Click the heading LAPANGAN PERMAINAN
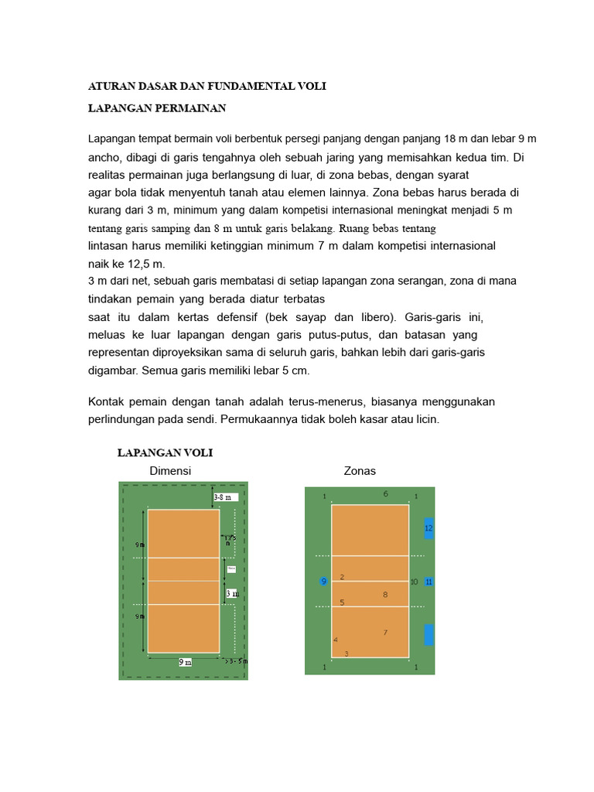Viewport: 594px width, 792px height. coord(157,108)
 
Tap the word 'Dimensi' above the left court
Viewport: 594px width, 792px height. coord(170,471)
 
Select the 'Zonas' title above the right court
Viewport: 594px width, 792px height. coord(360,471)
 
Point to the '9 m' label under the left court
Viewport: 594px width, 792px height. coord(186,663)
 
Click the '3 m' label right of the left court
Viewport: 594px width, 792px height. coord(232,594)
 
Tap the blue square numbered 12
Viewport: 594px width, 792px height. coord(428,528)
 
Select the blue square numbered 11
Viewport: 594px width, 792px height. coord(428,582)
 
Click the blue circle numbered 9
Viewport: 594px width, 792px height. coord(324,582)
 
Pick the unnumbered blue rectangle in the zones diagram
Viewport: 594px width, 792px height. coord(428,635)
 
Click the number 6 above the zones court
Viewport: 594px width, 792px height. coord(385,493)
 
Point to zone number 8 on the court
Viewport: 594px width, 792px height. coord(384,594)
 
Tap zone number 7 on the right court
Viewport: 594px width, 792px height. coord(384,633)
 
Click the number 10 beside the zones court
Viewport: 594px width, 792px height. coord(415,582)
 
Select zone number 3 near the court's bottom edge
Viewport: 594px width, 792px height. coord(346,654)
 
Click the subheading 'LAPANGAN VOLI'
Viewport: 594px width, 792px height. coord(165,452)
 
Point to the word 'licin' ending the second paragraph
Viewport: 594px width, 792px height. coord(425,419)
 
